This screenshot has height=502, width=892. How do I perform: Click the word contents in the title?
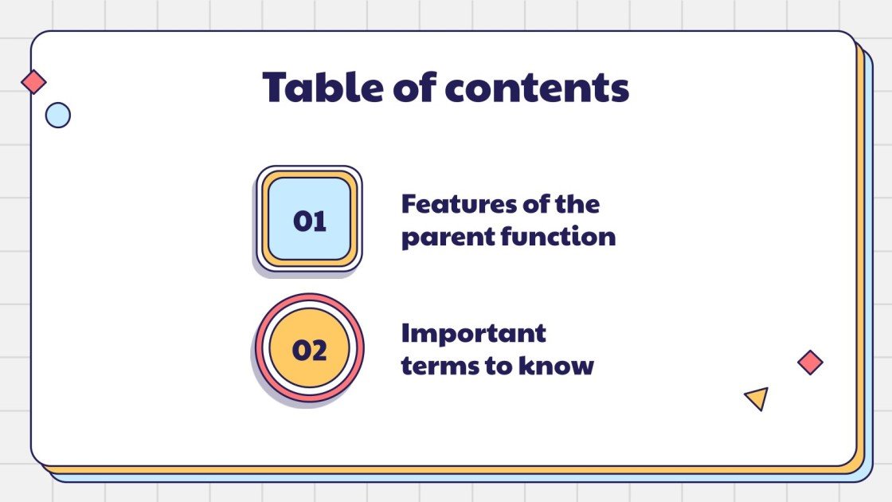click(x=537, y=88)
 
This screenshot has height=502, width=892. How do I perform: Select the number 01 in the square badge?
click(x=310, y=221)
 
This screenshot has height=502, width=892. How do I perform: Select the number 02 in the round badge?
click(x=310, y=350)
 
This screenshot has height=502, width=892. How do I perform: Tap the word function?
click(x=558, y=237)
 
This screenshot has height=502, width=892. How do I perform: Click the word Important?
click(x=473, y=333)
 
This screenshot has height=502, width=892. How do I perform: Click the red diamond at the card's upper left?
click(x=33, y=81)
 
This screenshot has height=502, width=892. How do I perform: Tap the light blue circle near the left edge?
click(x=57, y=116)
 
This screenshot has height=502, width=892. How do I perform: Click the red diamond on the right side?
click(x=810, y=363)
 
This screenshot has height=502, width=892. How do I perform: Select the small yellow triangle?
click(x=757, y=398)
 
